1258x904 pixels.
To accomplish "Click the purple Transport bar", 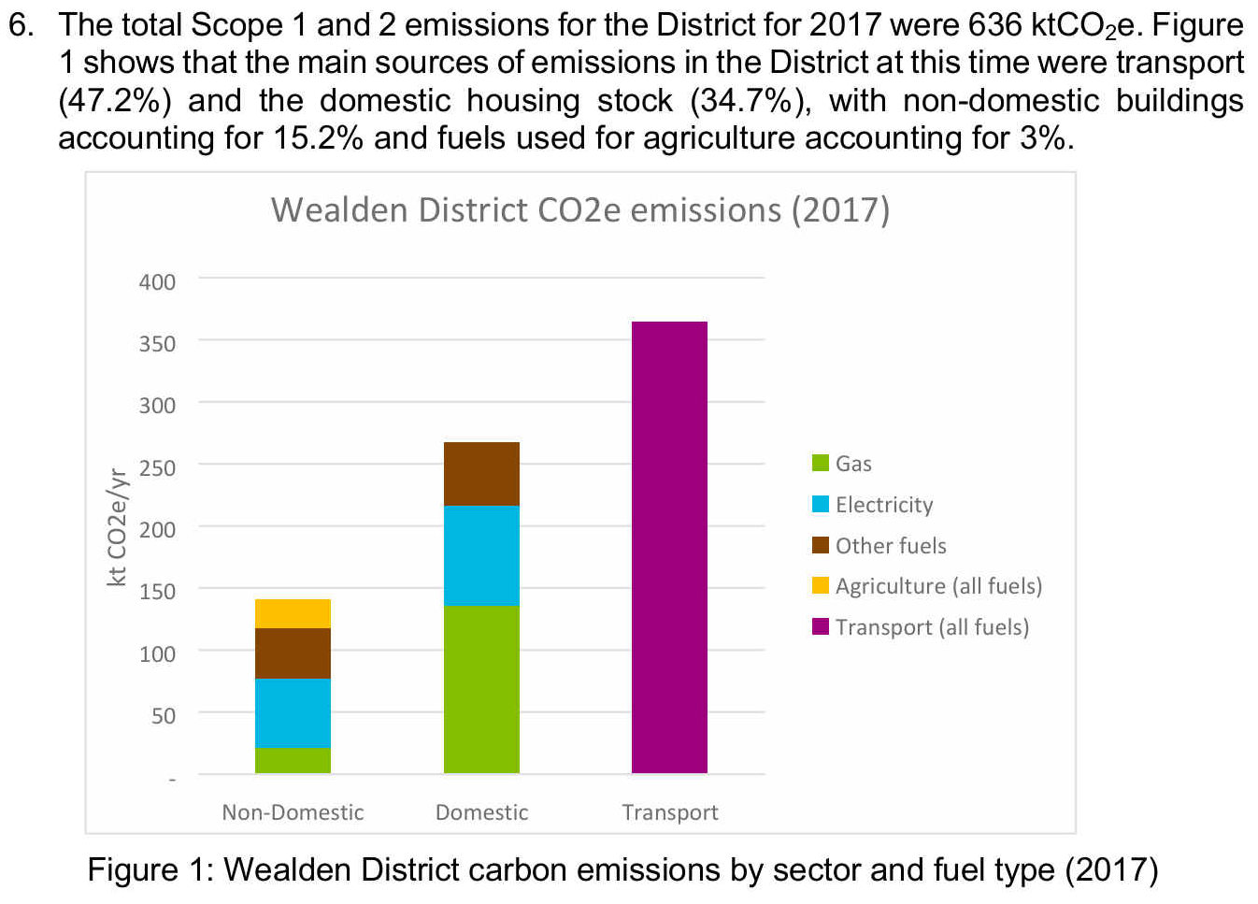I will [669, 547].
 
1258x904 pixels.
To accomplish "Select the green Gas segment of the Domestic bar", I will [481, 689].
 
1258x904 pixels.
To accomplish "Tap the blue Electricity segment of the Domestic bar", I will [481, 555].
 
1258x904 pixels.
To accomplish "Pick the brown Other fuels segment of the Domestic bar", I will [481, 474].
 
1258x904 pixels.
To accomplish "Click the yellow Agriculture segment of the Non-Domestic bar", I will [293, 613].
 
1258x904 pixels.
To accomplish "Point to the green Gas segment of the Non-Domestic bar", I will [293, 760].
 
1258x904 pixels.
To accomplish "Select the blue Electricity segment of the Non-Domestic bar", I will [293, 712].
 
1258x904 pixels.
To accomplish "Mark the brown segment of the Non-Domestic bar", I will [293, 653].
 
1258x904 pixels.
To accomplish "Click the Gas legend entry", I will [843, 464].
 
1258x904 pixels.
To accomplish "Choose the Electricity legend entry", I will [873, 505].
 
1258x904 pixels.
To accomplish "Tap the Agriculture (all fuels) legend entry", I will [927, 586].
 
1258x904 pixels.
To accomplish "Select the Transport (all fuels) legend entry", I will [921, 627].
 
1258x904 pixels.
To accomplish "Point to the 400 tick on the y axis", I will [157, 281].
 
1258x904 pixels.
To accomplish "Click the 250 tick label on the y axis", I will [157, 467].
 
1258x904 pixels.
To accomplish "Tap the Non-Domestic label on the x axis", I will [293, 812].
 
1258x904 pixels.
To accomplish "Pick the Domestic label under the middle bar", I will [481, 812].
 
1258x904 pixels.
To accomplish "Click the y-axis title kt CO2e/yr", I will [117, 527].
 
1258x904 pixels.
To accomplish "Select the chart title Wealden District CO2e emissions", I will [579, 210].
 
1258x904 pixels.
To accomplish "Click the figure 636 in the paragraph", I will [994, 25].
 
